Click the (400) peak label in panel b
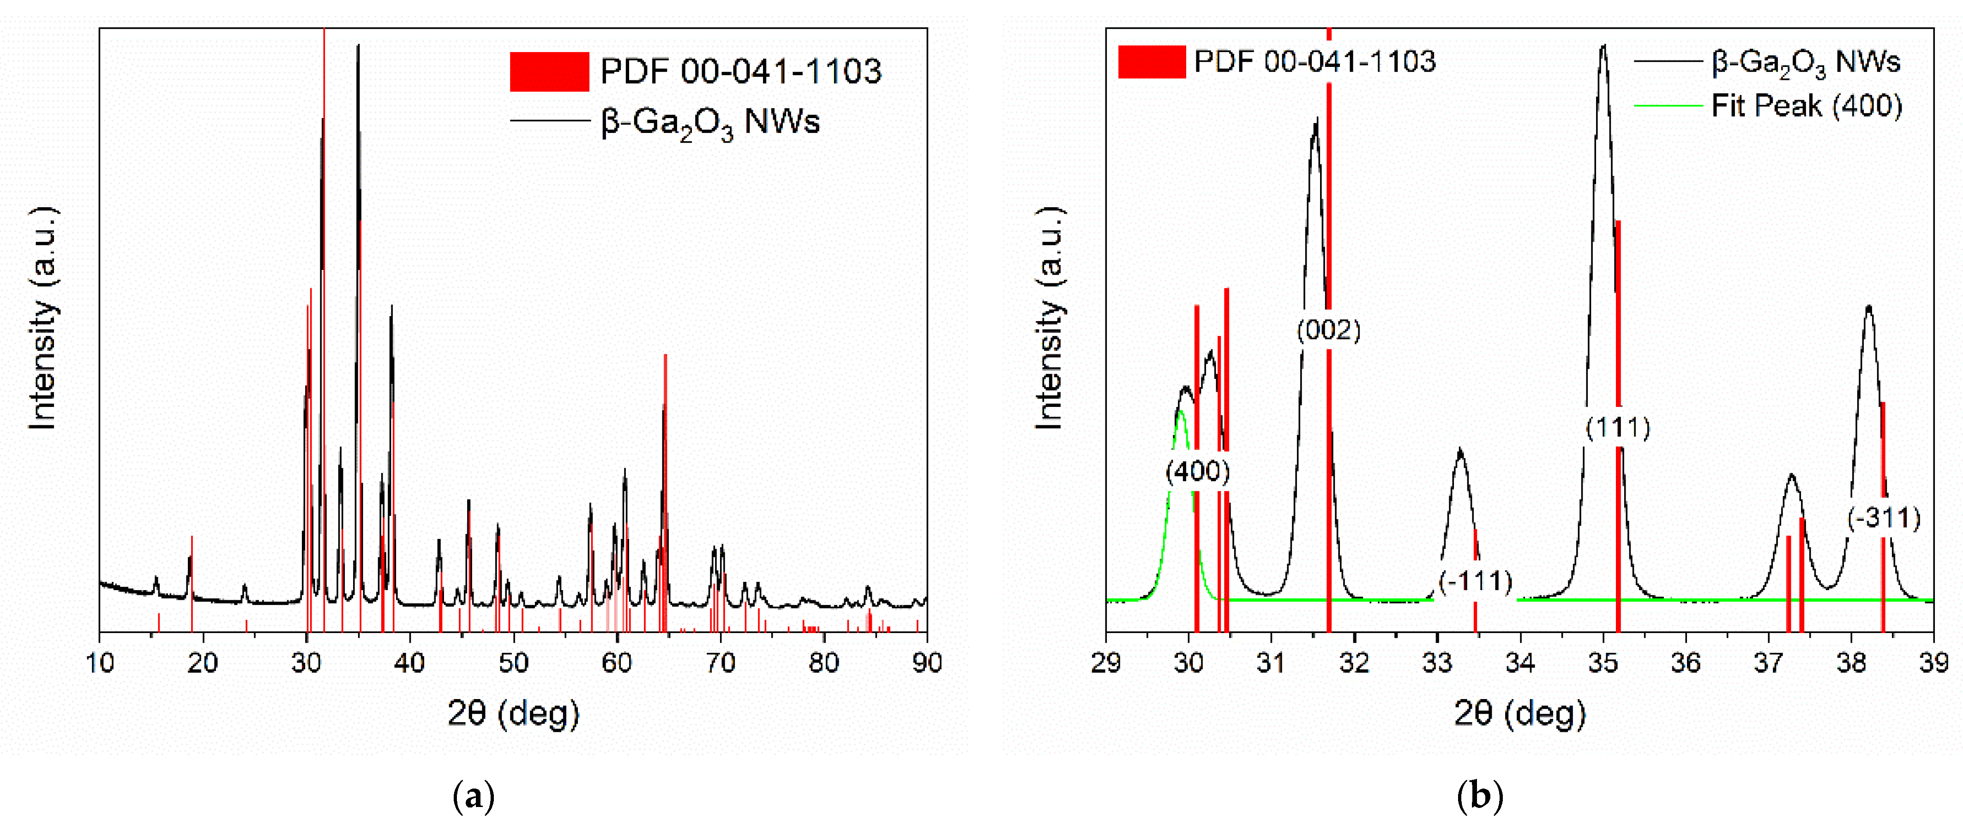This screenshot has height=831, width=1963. [1197, 472]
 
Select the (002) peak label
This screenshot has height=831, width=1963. [1328, 330]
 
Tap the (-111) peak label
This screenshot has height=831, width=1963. [1475, 581]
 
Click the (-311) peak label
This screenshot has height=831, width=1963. [1884, 518]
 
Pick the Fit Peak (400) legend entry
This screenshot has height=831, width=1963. [1806, 105]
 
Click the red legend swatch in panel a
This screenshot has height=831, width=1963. [549, 72]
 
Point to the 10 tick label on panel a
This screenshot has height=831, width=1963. [100, 663]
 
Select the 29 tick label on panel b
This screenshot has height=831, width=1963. [1106, 663]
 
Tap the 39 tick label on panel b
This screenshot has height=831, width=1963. [1933, 663]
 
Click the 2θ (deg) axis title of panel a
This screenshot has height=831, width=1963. [513, 714]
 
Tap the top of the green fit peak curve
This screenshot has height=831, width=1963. [1180, 411]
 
